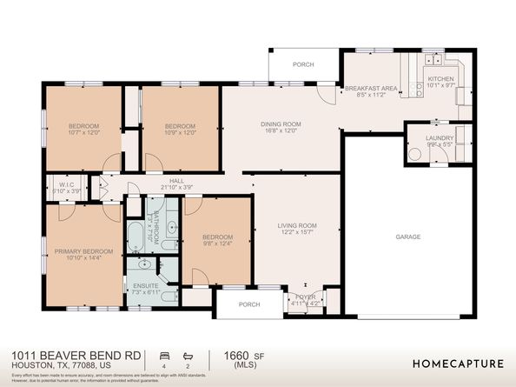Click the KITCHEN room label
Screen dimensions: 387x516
[440, 79]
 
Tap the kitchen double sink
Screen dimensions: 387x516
[433, 60]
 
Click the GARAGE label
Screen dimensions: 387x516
[407, 237]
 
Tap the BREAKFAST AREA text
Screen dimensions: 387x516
[371, 89]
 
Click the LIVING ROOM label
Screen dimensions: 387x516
[297, 226]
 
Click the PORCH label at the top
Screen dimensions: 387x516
[302, 64]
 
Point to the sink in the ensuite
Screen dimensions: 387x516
[145, 265]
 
